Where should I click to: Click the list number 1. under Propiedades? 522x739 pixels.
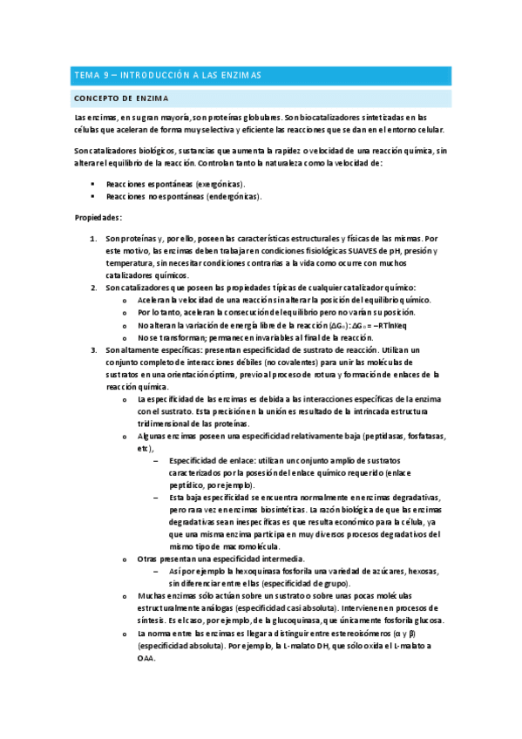pyautogui.click(x=95, y=238)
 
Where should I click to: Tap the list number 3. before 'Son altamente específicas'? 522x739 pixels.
pyautogui.click(x=95, y=349)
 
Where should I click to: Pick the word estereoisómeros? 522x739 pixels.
pyautogui.click(x=343, y=634)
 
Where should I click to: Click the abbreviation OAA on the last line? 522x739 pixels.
pyautogui.click(x=146, y=658)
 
